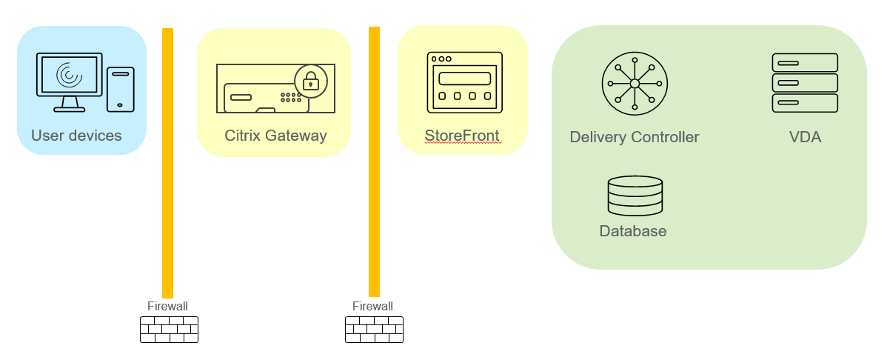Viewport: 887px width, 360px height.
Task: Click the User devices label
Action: [x=76, y=136]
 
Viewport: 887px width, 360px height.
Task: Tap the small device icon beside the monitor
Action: [x=121, y=89]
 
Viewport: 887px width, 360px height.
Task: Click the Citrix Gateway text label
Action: [x=275, y=136]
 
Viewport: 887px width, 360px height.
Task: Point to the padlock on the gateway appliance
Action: [x=311, y=81]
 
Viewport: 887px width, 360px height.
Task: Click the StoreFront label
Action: [x=462, y=136]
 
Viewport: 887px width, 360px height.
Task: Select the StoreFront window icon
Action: [x=464, y=81]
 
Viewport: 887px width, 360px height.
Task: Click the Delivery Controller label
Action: [x=635, y=137]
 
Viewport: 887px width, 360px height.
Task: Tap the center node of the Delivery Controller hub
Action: [x=635, y=84]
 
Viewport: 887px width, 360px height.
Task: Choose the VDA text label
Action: [x=805, y=137]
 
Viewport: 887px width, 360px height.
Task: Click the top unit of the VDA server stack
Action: [x=805, y=62]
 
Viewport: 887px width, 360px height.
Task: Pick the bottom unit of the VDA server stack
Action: [x=805, y=103]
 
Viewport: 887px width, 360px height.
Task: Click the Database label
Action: [x=633, y=231]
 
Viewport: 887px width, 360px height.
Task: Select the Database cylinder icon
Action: [x=635, y=196]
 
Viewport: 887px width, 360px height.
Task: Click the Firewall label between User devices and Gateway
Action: [x=167, y=306]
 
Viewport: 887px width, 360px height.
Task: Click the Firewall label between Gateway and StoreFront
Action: [x=372, y=306]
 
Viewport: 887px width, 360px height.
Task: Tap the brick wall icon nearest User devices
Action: [x=169, y=330]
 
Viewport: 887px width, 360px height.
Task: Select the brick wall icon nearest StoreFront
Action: [x=374, y=330]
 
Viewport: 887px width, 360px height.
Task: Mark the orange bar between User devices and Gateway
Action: [x=168, y=163]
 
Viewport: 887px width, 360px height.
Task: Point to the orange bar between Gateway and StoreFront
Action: [x=374, y=163]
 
